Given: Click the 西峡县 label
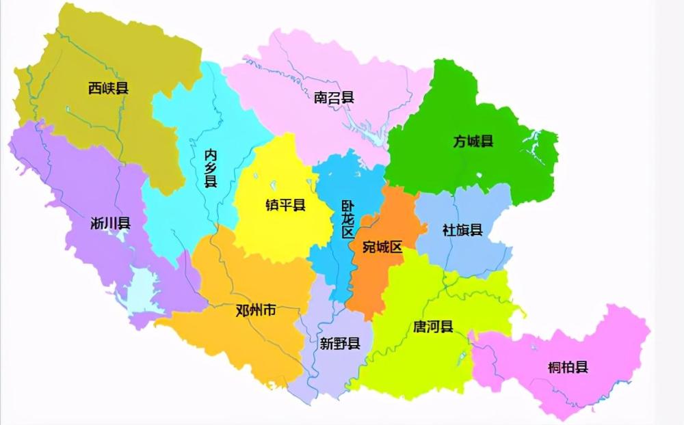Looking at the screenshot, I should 109,87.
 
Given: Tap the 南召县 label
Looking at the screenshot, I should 334,97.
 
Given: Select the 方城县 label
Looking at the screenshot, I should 473,142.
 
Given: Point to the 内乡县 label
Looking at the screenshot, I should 211,167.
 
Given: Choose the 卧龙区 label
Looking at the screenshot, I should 348,219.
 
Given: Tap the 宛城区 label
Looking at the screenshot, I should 382,247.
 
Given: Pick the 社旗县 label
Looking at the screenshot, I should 462,230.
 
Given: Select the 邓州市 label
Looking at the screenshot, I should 256,310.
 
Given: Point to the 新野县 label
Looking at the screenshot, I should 340,344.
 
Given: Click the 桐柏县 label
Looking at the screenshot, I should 568,367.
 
